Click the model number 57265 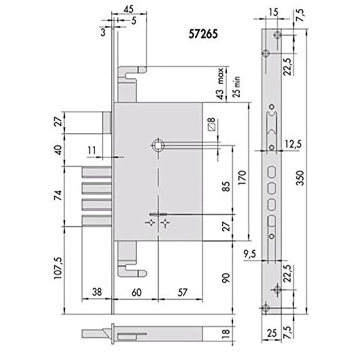click(x=203, y=35)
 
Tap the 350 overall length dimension click(x=300, y=177)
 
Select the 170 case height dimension click(x=243, y=178)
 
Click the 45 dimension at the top click(x=129, y=9)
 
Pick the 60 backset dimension click(x=136, y=292)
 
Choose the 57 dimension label click(x=182, y=292)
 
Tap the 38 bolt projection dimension click(x=97, y=292)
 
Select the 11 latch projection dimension click(x=92, y=150)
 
